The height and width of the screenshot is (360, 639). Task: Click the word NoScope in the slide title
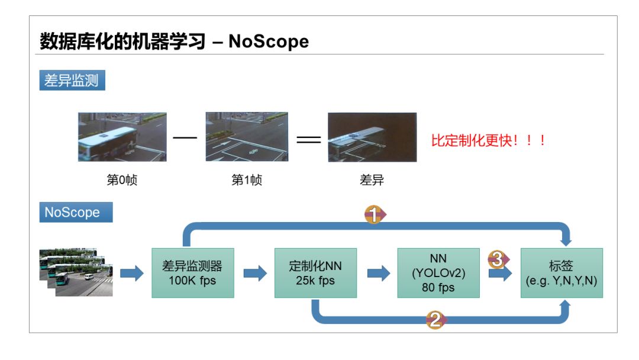(269, 41)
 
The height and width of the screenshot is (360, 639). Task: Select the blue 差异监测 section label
(72, 81)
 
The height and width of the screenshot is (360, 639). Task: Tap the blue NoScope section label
(76, 213)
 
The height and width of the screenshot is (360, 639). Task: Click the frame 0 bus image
(122, 137)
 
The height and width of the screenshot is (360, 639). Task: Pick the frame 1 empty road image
(247, 137)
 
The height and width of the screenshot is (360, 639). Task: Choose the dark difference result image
(372, 137)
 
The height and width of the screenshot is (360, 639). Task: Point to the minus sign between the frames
(185, 139)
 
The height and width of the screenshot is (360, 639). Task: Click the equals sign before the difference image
(308, 140)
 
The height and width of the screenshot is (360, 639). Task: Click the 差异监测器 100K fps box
(193, 273)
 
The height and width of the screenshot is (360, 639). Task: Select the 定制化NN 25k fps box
(315, 273)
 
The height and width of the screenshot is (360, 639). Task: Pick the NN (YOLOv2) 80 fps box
(438, 273)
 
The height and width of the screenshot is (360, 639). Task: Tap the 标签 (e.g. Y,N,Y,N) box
(561, 273)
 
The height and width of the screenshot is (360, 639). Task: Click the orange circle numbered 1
(373, 215)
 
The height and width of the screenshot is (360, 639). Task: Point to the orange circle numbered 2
(435, 320)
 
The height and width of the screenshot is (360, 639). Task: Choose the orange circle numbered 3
(498, 259)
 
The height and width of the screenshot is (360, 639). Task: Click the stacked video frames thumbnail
(76, 272)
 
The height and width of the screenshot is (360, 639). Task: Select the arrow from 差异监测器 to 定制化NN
(255, 273)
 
